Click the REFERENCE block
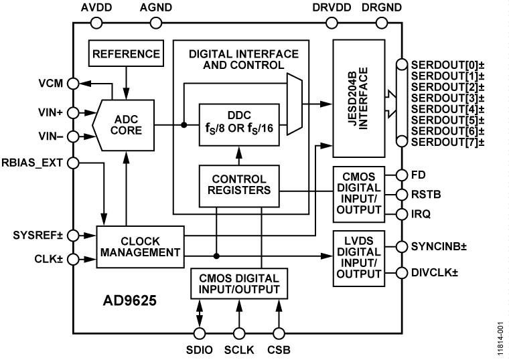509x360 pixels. pos(127,54)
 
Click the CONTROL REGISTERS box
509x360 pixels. pos(238,185)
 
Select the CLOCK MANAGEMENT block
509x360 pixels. pos(139,246)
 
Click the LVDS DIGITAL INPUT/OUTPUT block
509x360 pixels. pos(359,258)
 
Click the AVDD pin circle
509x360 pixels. pos(96,23)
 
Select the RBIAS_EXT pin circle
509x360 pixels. pos(74,162)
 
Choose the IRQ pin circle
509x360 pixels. pos(401,213)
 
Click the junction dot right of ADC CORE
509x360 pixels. pos(183,124)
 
